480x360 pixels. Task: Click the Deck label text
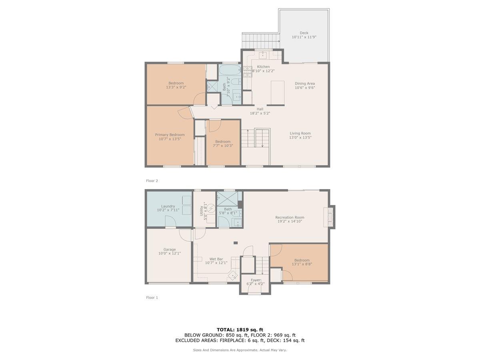[x=304, y=33]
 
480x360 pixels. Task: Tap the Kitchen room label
[x=263, y=66]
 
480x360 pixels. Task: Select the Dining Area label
[x=305, y=84]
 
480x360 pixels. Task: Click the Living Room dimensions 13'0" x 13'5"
[x=300, y=138]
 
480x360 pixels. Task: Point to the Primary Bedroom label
[x=170, y=135]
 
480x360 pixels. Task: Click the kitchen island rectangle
[x=277, y=92]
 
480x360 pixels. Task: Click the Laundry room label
[x=168, y=206]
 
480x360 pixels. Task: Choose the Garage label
[x=169, y=250]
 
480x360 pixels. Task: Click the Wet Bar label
[x=216, y=259]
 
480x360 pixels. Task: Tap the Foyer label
[x=256, y=280]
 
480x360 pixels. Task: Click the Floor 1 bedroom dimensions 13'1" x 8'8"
[x=302, y=264]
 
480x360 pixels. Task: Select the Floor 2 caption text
[x=152, y=181]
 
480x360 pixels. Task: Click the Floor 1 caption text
[x=152, y=298]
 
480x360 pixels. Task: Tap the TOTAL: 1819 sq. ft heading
[x=240, y=330]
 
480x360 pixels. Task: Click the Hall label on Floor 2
[x=260, y=109]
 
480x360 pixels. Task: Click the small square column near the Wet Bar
[x=236, y=242]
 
